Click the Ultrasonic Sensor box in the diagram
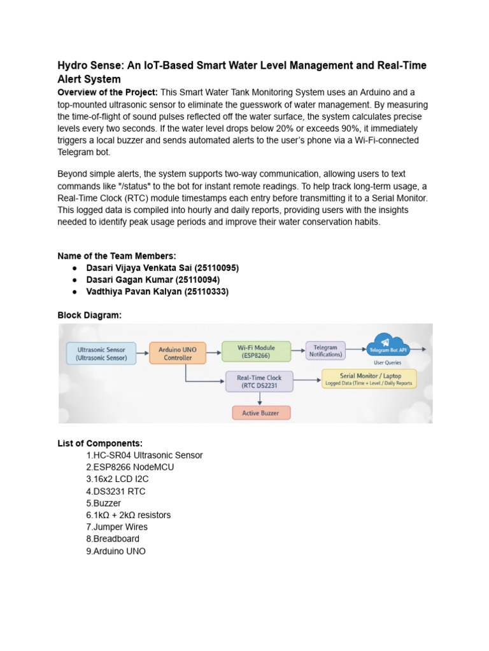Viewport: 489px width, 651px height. coord(102,353)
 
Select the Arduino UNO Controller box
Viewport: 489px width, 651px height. coord(178,353)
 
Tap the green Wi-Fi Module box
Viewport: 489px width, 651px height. coord(256,352)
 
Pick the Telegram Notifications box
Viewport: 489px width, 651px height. coord(325,351)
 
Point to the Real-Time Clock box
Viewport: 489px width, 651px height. coord(260,381)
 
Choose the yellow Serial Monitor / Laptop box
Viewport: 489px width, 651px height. coord(369,379)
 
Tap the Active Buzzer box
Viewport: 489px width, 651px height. coord(261,413)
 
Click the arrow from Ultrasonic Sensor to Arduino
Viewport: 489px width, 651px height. coord(143,353)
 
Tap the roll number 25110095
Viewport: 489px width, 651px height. coord(218,268)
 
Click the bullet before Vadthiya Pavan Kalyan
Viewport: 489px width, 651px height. coord(75,292)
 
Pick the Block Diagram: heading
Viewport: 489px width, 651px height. coord(89,315)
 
